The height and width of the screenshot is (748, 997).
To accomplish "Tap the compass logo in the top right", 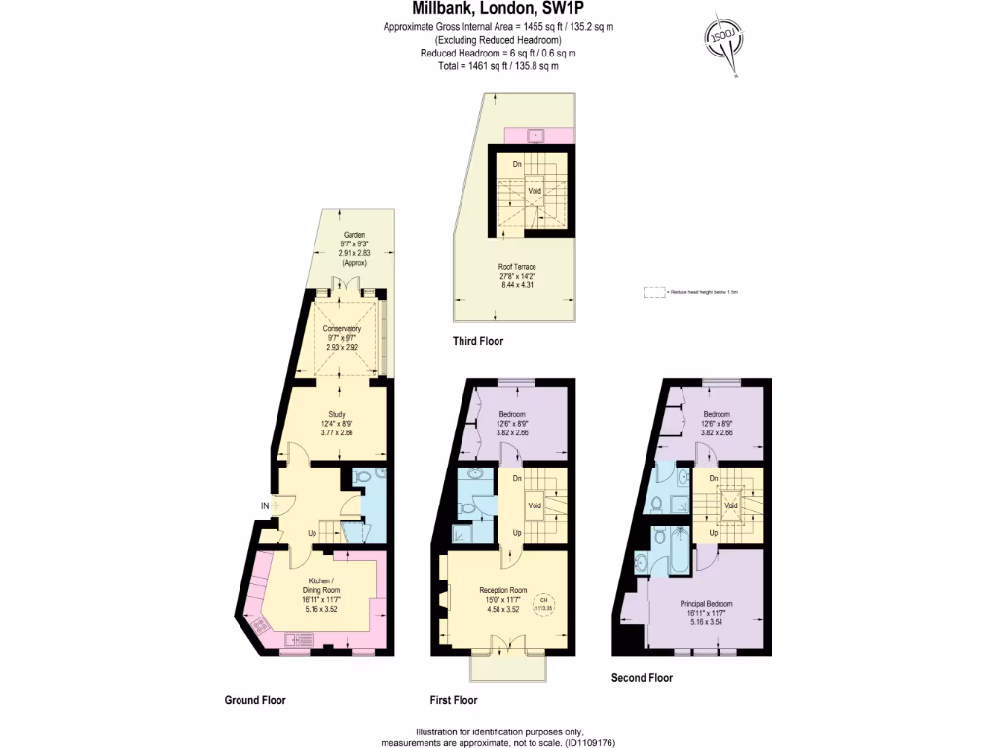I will point(724,41).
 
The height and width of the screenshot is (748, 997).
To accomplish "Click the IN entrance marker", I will point(264,505).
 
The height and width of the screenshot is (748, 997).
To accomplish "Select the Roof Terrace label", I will point(517,267).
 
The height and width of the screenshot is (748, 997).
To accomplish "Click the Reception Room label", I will point(502,590).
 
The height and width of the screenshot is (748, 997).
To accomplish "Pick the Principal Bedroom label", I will point(706,604).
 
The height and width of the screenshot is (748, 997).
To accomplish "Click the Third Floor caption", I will point(478,341).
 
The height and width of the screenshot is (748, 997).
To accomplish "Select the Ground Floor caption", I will point(254,699).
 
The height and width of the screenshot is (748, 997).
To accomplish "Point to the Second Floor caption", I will point(642,677).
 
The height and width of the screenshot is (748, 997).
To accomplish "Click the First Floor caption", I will point(454,699).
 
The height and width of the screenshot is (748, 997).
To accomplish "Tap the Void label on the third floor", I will point(534,191).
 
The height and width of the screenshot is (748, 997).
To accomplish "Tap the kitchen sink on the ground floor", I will point(295,641).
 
